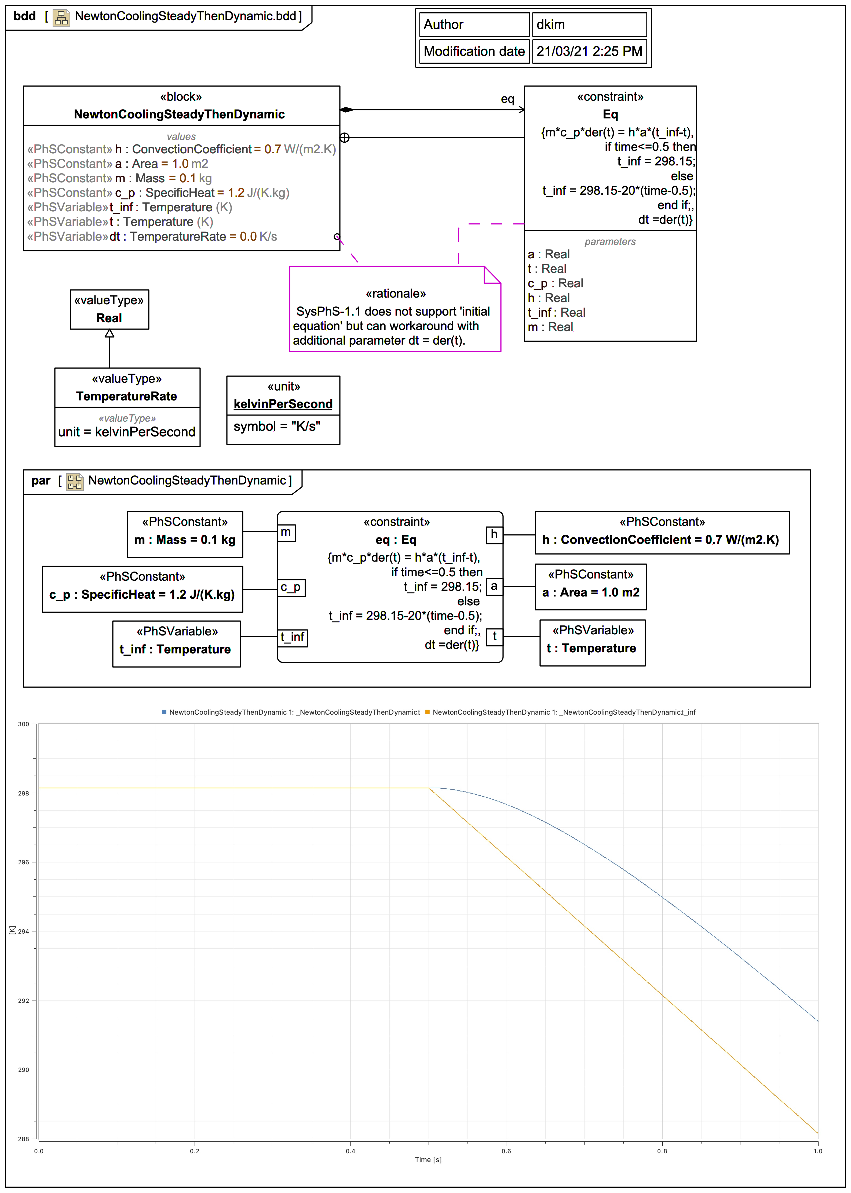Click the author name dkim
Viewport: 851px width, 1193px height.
point(550,25)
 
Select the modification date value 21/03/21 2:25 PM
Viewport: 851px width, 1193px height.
point(589,51)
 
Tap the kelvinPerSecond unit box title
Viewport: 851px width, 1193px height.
point(283,404)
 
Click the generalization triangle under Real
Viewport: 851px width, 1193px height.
point(109,334)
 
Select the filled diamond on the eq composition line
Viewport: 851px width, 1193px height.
point(347,110)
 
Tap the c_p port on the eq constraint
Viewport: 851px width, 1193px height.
point(291,587)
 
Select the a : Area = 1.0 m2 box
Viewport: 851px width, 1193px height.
point(591,587)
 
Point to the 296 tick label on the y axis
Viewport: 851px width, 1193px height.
point(24,862)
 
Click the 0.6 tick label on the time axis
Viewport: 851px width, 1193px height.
point(506,1151)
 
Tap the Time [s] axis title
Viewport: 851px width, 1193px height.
point(428,1159)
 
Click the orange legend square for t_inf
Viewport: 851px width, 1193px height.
point(428,712)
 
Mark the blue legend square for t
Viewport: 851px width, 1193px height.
point(164,712)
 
